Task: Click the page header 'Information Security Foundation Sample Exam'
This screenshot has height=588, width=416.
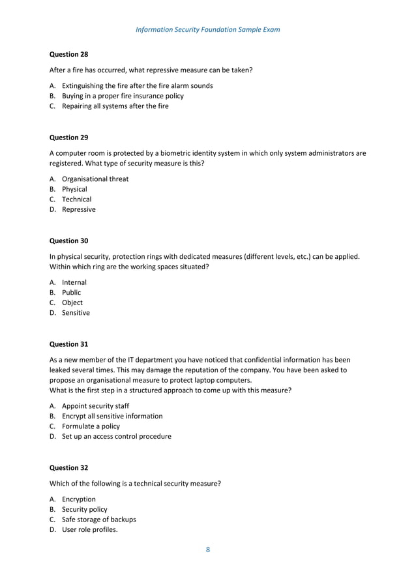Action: [x=207, y=29]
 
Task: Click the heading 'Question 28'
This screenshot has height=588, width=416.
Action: [x=69, y=54]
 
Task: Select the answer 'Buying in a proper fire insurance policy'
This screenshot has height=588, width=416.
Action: [x=123, y=96]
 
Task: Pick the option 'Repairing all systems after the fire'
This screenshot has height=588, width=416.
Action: [x=115, y=106]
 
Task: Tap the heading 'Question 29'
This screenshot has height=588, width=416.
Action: [x=69, y=138]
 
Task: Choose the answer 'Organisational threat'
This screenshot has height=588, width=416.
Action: [x=95, y=179]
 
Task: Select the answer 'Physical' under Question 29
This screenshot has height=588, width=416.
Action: [x=74, y=189]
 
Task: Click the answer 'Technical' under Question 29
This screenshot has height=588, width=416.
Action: [x=76, y=199]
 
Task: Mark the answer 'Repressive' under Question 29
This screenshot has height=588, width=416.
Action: [x=78, y=209]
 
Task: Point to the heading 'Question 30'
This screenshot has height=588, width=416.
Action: [x=69, y=241]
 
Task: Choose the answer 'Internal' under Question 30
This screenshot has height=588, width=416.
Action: [x=74, y=282]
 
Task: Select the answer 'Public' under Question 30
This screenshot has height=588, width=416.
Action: [x=72, y=293]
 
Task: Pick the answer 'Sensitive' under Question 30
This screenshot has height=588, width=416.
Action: [x=76, y=313]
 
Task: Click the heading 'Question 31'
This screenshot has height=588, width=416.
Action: [x=69, y=344]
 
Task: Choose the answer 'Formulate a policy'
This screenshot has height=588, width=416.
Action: [x=91, y=426]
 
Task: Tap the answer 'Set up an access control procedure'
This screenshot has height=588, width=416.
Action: [x=117, y=436]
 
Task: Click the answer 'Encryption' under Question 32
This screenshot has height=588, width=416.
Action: [x=78, y=499]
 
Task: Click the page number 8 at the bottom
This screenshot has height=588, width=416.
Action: [x=208, y=550]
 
